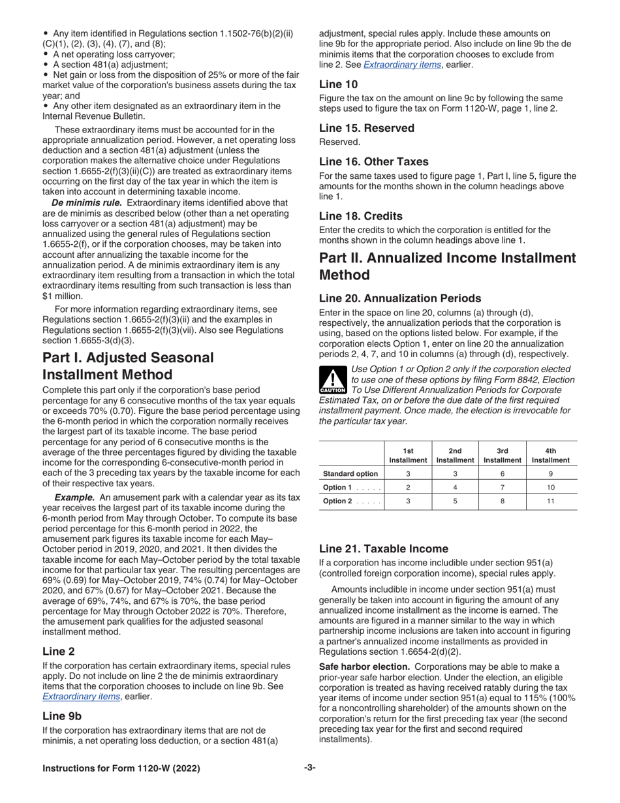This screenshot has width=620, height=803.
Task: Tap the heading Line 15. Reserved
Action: (366, 128)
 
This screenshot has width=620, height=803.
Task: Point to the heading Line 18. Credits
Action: (360, 215)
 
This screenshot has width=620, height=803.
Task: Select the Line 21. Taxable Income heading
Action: (383, 549)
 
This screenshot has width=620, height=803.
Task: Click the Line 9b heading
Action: (59, 715)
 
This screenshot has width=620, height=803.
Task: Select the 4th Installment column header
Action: (550, 455)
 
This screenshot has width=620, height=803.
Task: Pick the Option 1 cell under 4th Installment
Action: (550, 487)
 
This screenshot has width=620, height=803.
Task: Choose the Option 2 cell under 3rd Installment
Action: (503, 501)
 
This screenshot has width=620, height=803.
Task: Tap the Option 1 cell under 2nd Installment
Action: (455, 487)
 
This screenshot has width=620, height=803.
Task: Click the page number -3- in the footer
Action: (309, 768)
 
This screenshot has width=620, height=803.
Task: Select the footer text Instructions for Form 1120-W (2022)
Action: (121, 768)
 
